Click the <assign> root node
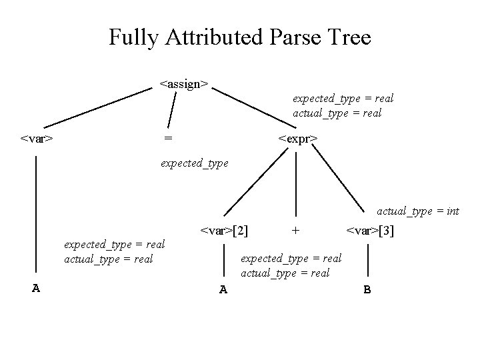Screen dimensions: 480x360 184,84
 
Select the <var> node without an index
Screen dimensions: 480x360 37,139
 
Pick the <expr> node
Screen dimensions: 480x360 297,139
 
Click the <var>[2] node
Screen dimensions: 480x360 225,231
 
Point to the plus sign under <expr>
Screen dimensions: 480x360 295,231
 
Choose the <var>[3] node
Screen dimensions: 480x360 369,231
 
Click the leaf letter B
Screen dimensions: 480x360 367,289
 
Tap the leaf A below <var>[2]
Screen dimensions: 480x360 224,289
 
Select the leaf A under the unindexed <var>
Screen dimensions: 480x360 37,288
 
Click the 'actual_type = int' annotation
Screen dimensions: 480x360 418,211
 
